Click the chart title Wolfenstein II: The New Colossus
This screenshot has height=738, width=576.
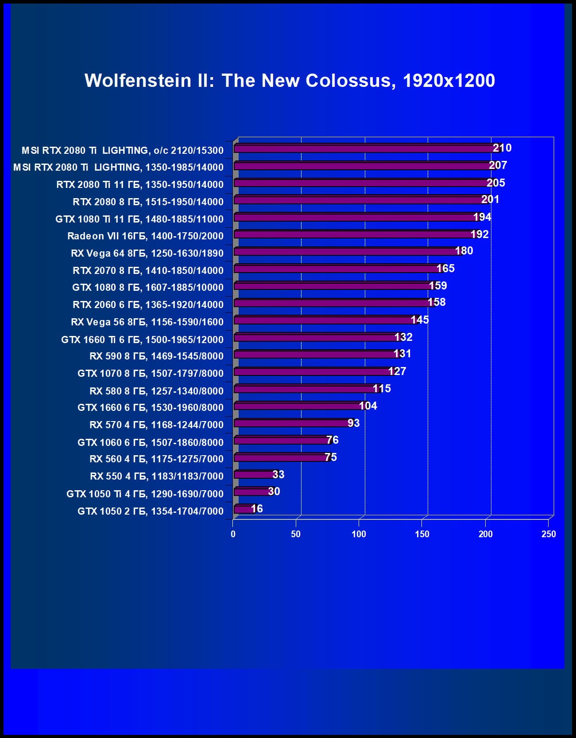click(x=290, y=81)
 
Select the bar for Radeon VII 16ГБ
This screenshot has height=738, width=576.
click(x=354, y=234)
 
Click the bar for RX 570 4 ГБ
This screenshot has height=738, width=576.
click(x=292, y=423)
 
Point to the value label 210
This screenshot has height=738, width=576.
click(x=502, y=148)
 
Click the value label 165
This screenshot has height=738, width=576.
click(x=445, y=269)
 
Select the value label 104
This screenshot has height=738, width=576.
click(x=368, y=406)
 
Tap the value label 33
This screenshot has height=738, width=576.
click(x=278, y=475)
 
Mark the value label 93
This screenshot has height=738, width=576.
click(x=354, y=423)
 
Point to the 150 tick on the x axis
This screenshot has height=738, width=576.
click(x=422, y=534)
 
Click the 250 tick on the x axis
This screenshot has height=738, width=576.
click(x=549, y=534)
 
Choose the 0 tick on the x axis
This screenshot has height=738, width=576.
click(x=233, y=534)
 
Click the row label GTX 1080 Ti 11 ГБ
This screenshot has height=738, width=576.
click(x=139, y=219)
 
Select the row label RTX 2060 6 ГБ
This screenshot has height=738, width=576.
click(x=148, y=305)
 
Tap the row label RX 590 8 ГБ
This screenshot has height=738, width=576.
click(x=156, y=356)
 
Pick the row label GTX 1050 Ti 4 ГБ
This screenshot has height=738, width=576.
click(x=145, y=494)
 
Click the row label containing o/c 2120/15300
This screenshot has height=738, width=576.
click(x=123, y=151)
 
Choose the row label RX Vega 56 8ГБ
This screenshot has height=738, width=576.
click(x=147, y=322)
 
